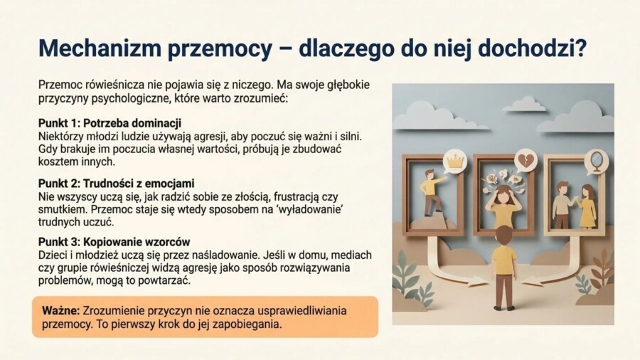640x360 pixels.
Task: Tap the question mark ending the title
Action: point(580,48)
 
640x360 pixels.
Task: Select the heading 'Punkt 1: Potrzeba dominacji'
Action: point(110,122)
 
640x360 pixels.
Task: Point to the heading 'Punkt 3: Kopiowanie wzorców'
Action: point(114,242)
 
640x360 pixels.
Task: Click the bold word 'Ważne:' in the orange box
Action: point(60,310)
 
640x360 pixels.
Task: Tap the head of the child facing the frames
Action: point(504,235)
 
